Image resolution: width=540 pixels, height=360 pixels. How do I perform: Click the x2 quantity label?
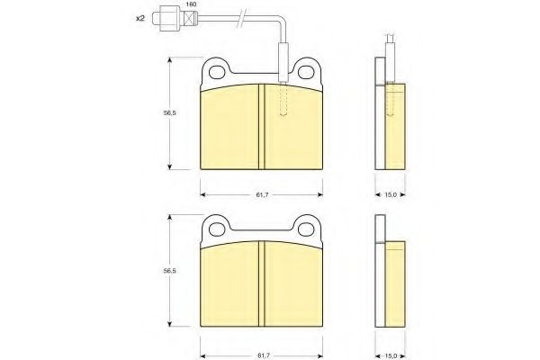click(139, 19)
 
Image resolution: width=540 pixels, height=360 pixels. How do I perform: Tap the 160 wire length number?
click(191, 4)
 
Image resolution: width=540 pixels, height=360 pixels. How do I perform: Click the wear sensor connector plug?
click(175, 19)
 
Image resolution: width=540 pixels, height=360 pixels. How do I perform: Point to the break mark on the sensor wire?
click(240, 19)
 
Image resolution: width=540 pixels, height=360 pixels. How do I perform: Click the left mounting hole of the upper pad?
click(217, 73)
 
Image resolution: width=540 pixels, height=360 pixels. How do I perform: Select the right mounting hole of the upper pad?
click(305, 73)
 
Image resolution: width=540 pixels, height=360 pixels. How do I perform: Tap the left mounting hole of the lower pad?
click(217, 229)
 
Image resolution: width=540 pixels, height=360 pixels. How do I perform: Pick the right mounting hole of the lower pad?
click(305, 229)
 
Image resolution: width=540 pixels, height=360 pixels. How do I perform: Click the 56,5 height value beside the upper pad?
click(169, 112)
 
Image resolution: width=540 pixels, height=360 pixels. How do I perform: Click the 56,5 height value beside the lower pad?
click(169, 271)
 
